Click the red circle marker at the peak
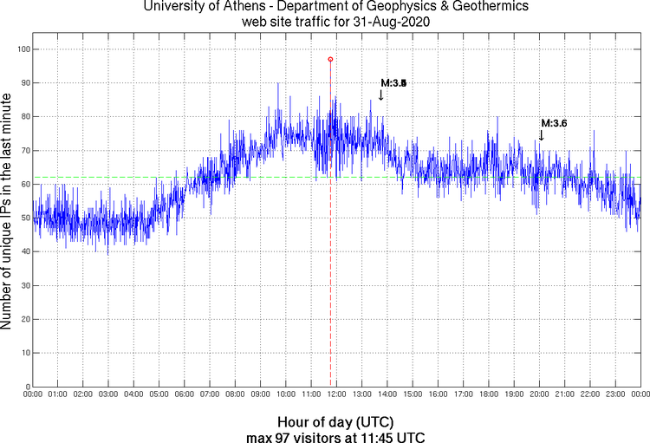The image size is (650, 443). point(330,59)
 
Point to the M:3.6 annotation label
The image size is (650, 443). point(554,124)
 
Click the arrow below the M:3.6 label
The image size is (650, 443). point(541,135)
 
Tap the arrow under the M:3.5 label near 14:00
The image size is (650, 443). point(381,94)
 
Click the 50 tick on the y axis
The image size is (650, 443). point(23,218)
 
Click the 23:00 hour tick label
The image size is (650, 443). point(616,395)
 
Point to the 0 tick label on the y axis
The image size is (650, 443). point(26,387)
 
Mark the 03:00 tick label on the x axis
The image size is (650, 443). point(109,395)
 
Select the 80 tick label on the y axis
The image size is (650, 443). point(23,117)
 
